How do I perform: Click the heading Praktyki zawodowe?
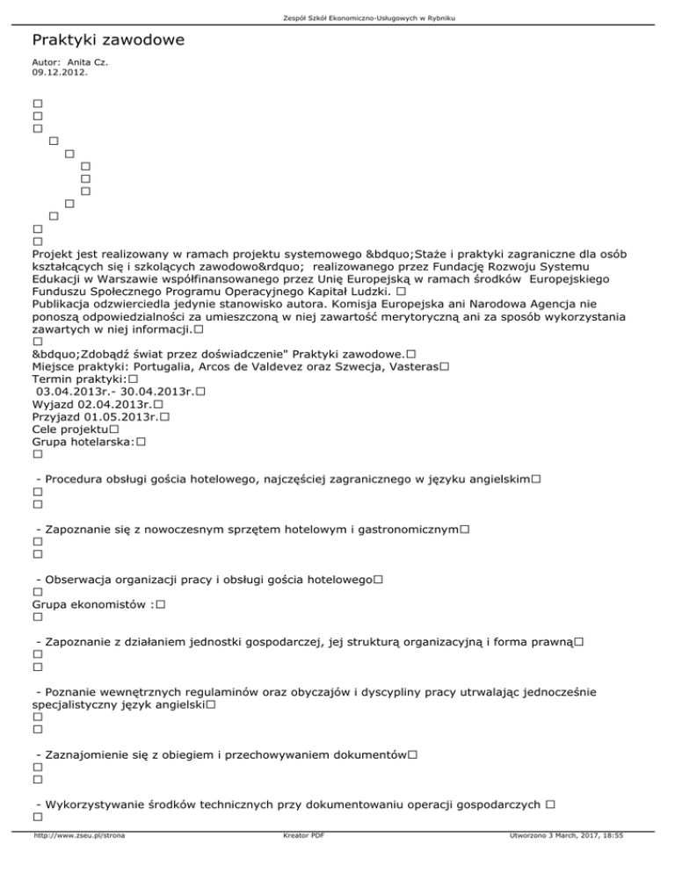tap(108, 41)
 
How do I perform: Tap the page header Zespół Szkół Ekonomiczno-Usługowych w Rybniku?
tap(337, 18)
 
